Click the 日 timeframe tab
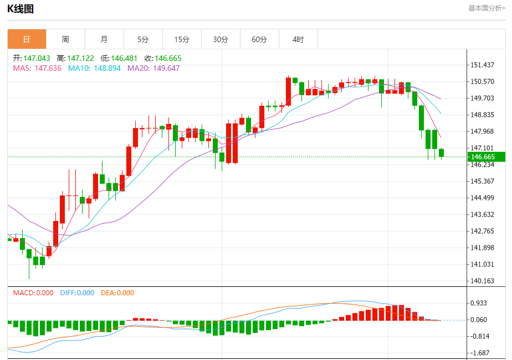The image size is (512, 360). [27, 39]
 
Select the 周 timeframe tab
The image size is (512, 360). [65, 39]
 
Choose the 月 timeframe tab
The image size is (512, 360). [104, 39]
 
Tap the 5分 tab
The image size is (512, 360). [143, 39]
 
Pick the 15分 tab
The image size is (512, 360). [182, 39]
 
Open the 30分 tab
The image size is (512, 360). [221, 39]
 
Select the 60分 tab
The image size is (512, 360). [259, 39]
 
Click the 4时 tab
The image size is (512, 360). [298, 39]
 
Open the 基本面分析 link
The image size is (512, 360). [487, 8]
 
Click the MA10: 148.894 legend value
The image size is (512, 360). [94, 68]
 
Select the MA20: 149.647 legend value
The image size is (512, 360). [153, 68]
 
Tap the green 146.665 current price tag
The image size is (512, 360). [486, 157]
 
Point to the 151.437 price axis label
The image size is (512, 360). [482, 65]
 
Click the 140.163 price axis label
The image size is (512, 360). [482, 281]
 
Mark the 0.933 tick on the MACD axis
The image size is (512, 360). [479, 303]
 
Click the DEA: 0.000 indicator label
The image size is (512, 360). [117, 293]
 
